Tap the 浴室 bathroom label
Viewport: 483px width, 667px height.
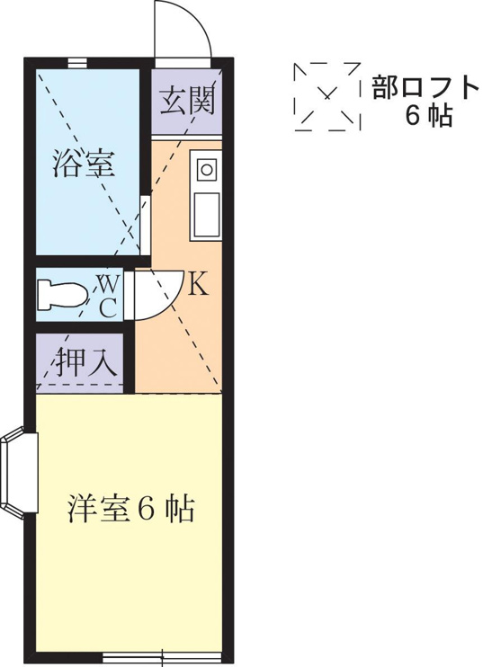click(x=85, y=164)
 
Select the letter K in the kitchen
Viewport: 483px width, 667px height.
click(x=198, y=283)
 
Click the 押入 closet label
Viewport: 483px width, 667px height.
click(x=87, y=361)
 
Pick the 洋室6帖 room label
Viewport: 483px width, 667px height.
click(x=130, y=508)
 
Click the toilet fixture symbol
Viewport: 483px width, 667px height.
click(x=62, y=294)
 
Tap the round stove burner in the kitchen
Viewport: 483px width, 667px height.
click(x=207, y=170)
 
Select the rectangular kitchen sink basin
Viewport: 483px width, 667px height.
click(x=207, y=215)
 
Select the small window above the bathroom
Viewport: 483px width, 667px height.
click(x=78, y=63)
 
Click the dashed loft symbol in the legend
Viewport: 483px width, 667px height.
click(x=327, y=96)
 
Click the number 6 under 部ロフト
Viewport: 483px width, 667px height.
click(x=412, y=115)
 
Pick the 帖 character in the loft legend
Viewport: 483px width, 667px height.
click(x=440, y=115)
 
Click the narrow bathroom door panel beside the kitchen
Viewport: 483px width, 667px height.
click(x=145, y=224)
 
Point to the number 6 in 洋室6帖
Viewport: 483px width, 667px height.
click(x=146, y=508)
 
